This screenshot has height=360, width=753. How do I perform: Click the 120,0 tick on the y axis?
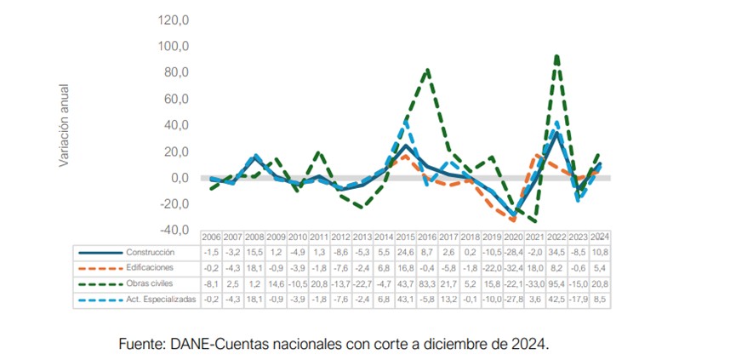tap(173, 20)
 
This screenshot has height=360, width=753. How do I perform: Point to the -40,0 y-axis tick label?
tap(173, 230)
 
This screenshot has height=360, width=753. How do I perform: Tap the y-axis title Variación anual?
tap(64, 124)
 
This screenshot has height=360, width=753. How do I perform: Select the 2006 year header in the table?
tap(211, 237)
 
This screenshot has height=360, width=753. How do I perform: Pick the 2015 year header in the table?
tap(407, 237)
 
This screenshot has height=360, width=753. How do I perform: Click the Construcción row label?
tap(150, 252)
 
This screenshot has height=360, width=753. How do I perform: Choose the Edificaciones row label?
tap(150, 267)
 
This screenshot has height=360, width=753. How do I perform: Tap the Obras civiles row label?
tap(150, 283)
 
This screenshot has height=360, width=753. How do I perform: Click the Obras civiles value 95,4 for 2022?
tap(558, 283)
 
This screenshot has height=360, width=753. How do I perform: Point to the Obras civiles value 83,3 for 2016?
tap(428, 283)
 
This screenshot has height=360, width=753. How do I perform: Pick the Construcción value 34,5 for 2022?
tap(558, 252)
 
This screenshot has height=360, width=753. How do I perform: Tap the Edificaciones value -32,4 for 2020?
tap(514, 267)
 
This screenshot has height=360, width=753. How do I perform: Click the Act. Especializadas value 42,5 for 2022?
tap(558, 300)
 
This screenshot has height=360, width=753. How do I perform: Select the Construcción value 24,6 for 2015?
tap(407, 252)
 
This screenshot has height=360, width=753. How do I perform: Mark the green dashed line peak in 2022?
tap(556, 56)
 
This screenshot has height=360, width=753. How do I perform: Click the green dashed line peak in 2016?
tap(427, 70)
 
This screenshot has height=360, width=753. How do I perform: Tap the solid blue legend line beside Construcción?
tap(100, 252)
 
